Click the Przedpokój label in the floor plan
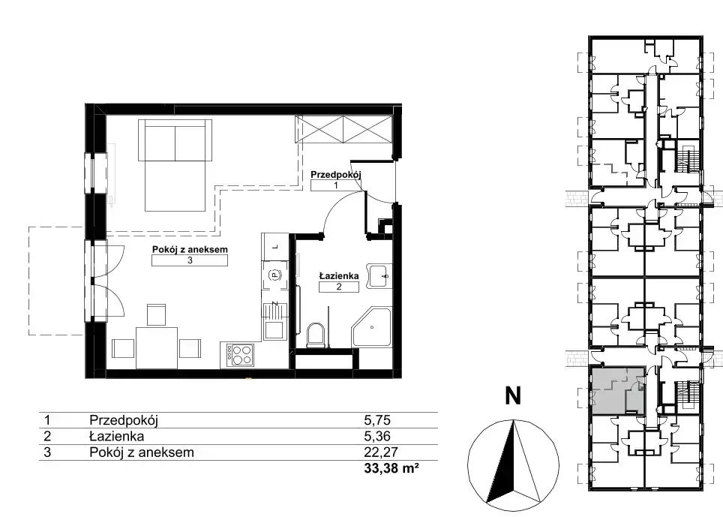pos(336,175)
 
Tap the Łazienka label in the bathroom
pos(339,276)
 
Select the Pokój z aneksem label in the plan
pos(190,250)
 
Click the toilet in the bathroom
pos(316,335)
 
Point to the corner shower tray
pos(372,328)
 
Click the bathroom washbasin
pos(379,276)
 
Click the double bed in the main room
pos(175,165)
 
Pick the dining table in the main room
pos(157,347)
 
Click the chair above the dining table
pos(156,314)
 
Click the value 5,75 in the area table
pos(377,420)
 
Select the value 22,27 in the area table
pos(381,452)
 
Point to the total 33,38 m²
pos(391,468)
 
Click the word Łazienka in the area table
pos(117,436)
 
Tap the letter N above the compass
pos(513,395)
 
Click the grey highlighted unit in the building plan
pos(617,390)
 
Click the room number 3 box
pos(190,260)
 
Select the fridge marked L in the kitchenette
pos(274,247)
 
